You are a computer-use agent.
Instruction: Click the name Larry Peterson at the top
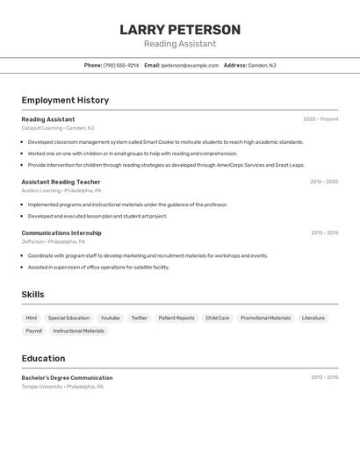coord(180,30)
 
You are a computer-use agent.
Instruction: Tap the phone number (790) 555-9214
coord(121,65)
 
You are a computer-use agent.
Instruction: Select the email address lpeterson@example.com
coord(190,65)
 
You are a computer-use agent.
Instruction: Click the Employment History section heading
coord(65,100)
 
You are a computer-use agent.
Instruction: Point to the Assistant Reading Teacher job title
coord(61,182)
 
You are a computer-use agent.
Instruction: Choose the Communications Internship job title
coord(61,233)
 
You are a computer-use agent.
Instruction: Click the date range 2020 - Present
coord(320,119)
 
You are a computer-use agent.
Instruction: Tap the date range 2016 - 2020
coord(324,182)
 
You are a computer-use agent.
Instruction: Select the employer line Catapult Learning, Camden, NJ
coord(58,128)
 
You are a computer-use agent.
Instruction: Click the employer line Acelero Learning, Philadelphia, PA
coord(61,190)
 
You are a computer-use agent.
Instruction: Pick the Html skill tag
coord(32,318)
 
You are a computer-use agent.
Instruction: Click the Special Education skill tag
coord(68,318)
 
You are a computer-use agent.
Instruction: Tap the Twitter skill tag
coord(139,318)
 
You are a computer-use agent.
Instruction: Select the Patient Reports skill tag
coord(176,318)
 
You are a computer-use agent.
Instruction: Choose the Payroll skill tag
coord(34,331)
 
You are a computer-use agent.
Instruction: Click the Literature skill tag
coord(313,318)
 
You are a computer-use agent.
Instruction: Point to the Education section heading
coord(44,358)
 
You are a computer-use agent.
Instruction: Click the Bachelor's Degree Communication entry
coord(67,377)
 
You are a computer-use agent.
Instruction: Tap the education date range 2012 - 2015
coord(324,377)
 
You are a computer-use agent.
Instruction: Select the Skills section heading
coord(33,294)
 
